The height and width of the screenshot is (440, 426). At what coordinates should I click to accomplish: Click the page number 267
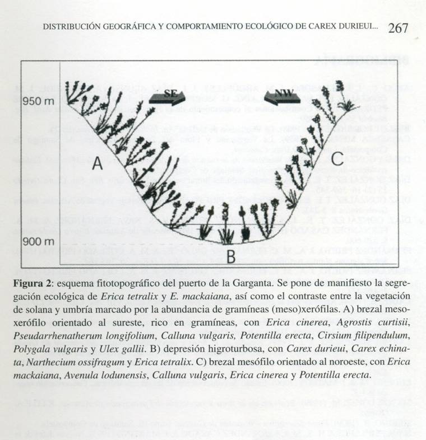tap(397, 27)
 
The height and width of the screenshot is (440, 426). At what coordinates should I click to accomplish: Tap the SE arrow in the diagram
tap(170, 96)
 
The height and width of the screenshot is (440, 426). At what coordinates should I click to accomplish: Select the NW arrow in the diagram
tap(284, 96)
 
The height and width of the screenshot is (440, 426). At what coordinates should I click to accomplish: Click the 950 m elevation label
tap(39, 102)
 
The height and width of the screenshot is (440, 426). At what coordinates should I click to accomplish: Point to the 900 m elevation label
tap(39, 242)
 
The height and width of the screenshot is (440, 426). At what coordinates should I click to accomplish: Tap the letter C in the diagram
tap(336, 160)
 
